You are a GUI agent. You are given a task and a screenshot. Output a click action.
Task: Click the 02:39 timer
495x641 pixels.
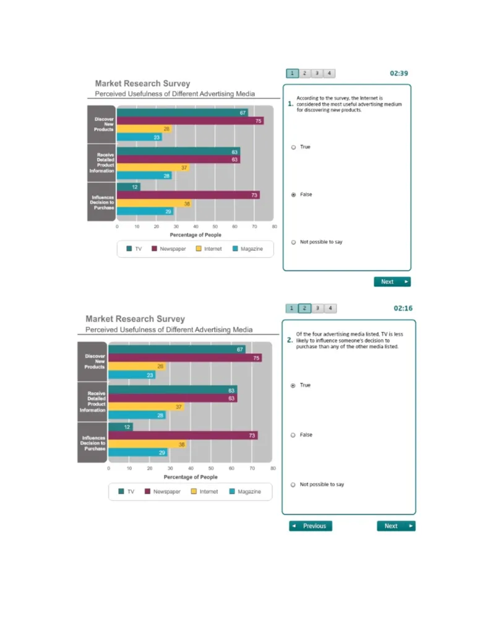click(398, 73)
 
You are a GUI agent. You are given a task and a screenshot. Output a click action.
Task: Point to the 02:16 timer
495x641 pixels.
click(403, 308)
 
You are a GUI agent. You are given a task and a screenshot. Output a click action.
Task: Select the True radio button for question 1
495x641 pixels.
click(293, 147)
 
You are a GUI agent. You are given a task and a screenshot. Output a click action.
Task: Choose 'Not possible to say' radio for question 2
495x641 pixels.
click(293, 485)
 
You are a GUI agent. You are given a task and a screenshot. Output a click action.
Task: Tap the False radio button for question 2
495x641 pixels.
click(293, 435)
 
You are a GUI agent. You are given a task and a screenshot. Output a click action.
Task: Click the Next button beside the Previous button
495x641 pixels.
click(395, 526)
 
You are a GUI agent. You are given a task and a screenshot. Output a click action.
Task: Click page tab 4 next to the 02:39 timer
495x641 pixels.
click(329, 73)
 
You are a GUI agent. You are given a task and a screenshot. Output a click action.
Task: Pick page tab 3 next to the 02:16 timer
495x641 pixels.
click(317, 308)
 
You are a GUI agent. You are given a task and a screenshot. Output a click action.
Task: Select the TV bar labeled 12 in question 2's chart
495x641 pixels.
click(120, 427)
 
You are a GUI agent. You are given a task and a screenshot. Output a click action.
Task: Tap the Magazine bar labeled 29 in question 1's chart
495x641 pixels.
click(145, 211)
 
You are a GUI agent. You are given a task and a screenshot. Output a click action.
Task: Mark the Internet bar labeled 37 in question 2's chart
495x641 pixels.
click(146, 407)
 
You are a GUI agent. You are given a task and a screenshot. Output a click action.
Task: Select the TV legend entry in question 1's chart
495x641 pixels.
click(134, 249)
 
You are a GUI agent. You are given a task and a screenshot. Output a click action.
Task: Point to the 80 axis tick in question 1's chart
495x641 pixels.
click(274, 227)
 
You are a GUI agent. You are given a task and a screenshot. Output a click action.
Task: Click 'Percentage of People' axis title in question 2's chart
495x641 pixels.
click(191, 477)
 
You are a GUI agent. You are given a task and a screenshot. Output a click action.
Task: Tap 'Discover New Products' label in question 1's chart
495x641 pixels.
click(103, 124)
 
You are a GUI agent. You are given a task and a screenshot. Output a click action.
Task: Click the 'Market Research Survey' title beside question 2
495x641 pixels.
click(135, 319)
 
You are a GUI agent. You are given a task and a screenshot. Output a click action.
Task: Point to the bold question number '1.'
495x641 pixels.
click(290, 104)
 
